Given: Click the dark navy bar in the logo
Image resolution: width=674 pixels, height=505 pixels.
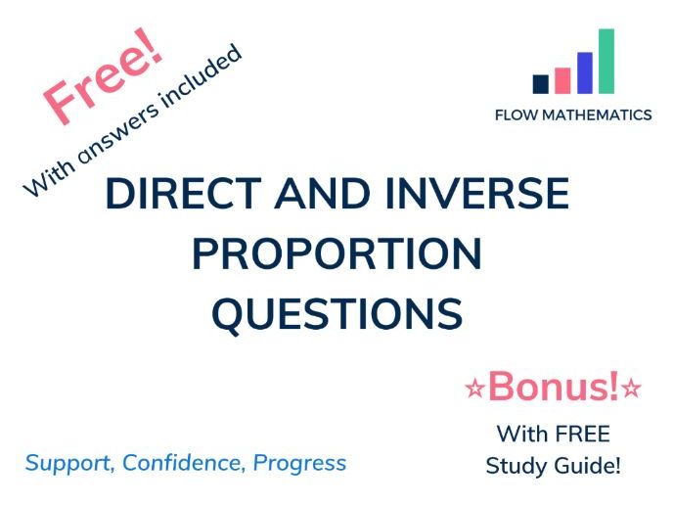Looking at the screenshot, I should click(541, 84).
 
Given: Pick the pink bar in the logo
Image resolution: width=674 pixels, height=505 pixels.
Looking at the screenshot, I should click(562, 80).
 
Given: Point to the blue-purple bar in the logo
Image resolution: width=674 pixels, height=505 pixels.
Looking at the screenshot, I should click(585, 72).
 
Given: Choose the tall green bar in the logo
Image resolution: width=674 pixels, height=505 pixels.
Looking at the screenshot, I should click(607, 61).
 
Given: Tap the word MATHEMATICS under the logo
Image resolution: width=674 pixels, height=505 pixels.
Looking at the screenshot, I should click(597, 115).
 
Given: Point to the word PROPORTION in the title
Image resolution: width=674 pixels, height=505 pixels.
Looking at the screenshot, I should click(337, 254).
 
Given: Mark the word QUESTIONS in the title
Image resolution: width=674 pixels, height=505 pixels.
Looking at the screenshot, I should click(337, 314).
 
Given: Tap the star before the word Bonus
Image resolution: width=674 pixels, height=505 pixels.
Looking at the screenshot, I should click(475, 390).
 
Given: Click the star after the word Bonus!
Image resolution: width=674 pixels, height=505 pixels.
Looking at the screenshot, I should click(631, 390).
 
